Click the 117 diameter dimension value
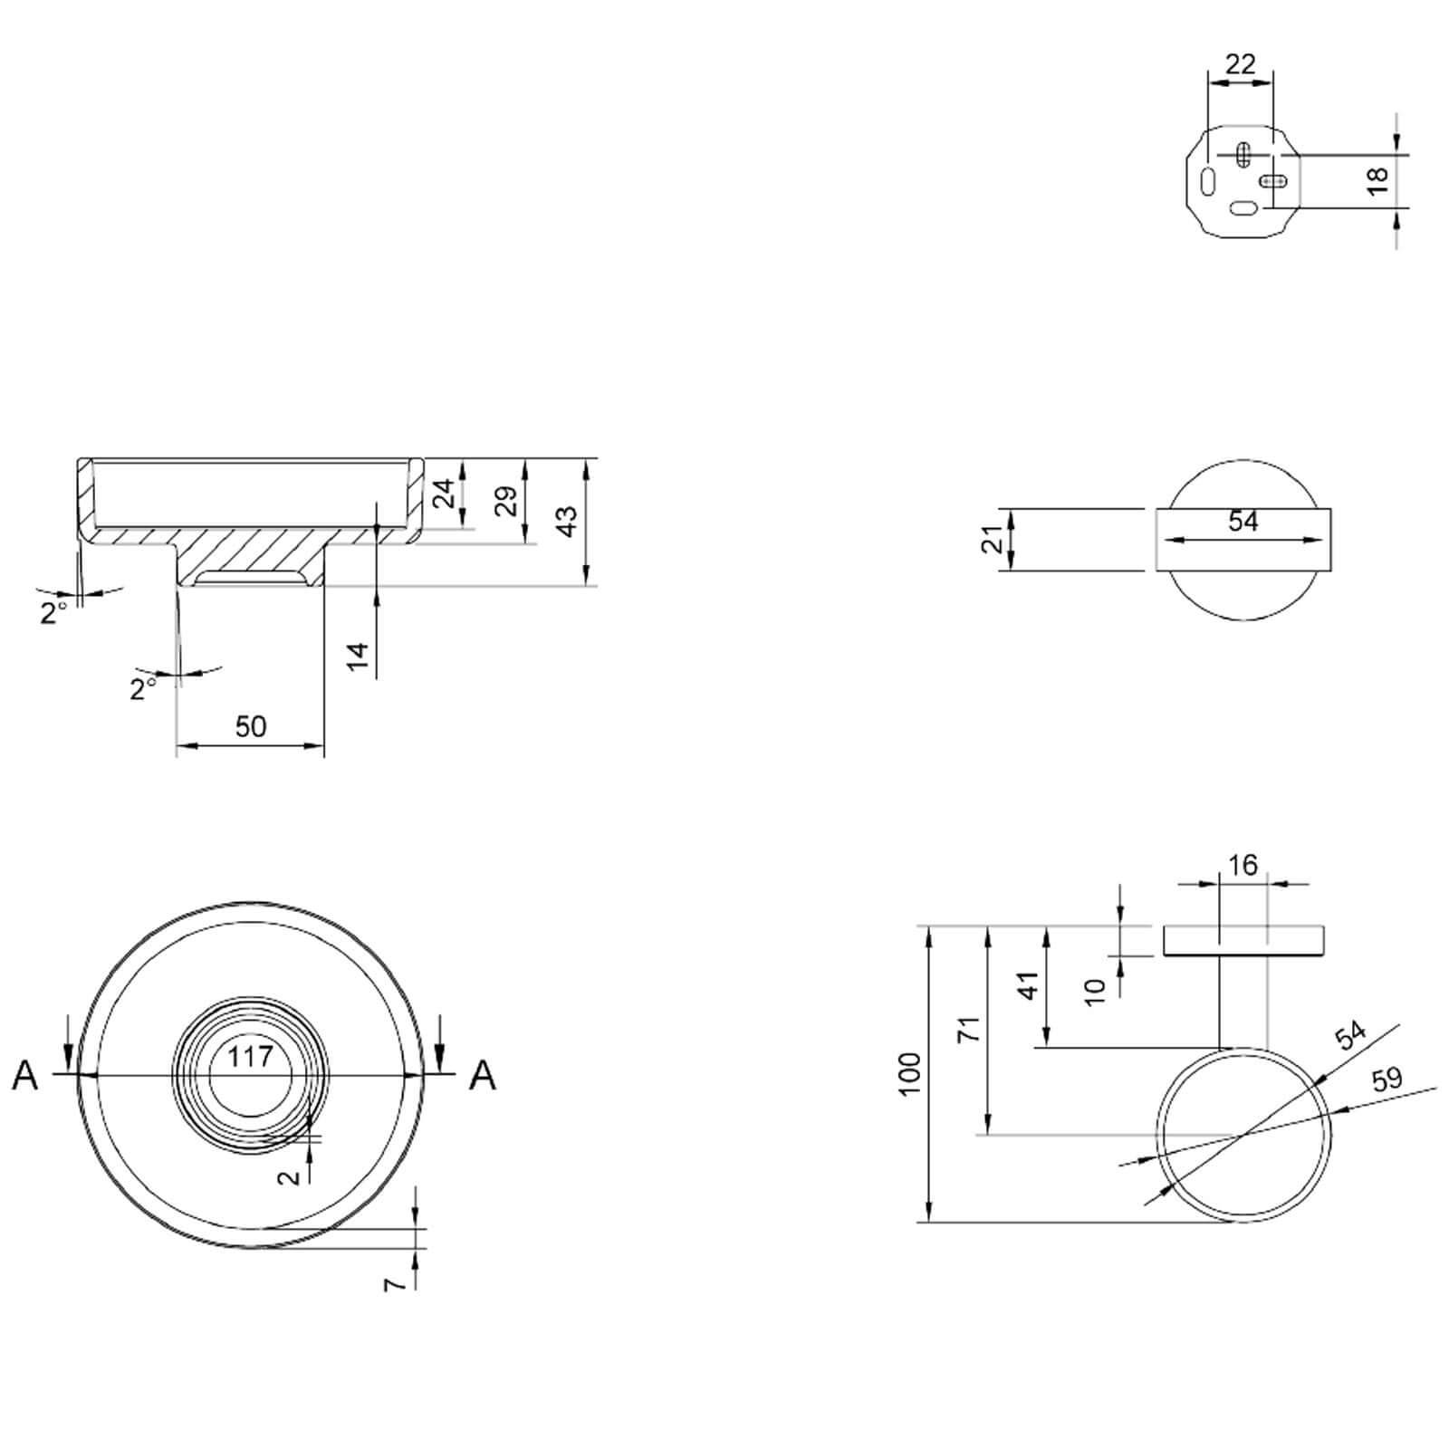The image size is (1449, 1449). coord(251,1057)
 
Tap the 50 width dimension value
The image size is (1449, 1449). coord(251,726)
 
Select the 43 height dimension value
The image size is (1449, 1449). coord(566,521)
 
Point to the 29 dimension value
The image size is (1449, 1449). coord(506,501)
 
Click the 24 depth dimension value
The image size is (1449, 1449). coord(444,494)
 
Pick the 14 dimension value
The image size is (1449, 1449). coord(359,656)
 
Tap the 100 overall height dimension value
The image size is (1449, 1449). coord(910,1073)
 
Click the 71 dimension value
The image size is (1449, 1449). coord(970,1030)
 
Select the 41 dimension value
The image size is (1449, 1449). coord(1029,985)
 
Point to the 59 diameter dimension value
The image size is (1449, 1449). coord(1387,1079)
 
